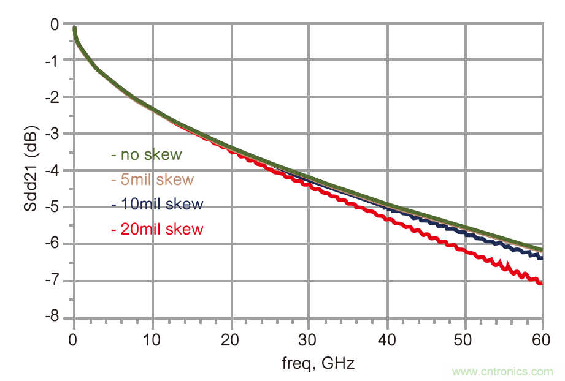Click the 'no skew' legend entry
[x=147, y=154]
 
